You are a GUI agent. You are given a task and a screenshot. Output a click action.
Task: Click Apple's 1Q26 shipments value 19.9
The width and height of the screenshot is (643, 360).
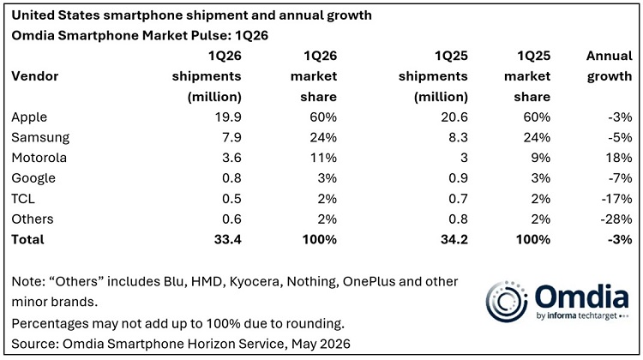point(228,117)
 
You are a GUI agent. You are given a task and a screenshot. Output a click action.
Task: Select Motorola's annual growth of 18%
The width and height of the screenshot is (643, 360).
point(619,158)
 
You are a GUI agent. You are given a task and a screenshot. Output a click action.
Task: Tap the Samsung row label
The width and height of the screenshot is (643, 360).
point(40,138)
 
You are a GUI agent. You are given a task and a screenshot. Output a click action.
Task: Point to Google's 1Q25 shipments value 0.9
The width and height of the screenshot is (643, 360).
point(458,178)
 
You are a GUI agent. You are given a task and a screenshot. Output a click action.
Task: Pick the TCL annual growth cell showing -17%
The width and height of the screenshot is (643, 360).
point(616,199)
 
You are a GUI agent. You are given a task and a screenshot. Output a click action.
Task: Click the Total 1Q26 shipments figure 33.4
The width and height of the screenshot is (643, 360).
point(227,239)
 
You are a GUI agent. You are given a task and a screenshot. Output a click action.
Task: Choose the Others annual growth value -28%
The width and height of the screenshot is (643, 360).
point(616,219)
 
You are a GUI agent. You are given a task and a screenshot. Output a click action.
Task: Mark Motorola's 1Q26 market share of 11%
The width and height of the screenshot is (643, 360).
point(323,158)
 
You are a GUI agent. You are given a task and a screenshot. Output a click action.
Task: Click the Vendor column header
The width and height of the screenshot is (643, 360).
point(35,76)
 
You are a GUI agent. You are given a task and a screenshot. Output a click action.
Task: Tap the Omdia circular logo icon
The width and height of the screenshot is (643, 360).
point(507,302)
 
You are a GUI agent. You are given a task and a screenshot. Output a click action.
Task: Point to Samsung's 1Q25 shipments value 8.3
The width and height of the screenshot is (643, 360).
point(458,138)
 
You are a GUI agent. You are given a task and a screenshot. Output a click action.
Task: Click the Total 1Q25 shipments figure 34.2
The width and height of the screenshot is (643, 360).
point(454,239)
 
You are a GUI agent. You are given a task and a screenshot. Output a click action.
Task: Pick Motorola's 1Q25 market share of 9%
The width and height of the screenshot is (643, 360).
point(540,158)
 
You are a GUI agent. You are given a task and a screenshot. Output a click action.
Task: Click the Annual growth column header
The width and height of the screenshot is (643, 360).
point(610,66)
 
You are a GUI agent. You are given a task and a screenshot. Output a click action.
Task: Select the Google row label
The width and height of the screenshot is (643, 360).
point(33,178)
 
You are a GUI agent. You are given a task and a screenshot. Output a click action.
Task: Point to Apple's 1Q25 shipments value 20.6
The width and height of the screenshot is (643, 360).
point(454,117)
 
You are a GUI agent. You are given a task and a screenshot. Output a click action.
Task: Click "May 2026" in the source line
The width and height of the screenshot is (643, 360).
point(321,344)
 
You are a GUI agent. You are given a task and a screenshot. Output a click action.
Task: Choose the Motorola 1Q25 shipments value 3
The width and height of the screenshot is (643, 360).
point(464,158)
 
